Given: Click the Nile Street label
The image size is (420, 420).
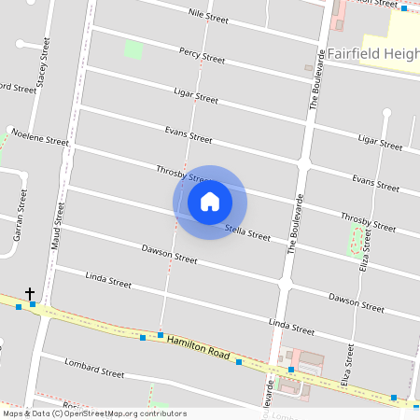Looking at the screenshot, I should click(x=208, y=16).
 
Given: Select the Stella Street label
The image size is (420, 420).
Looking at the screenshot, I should click(x=247, y=231).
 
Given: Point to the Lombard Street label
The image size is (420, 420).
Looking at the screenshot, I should click(x=94, y=367).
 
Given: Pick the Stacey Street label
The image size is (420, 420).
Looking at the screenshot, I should click(x=41, y=71).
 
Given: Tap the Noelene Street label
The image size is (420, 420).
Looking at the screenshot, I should click(x=40, y=136).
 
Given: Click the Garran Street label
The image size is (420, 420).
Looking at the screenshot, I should click(x=19, y=216).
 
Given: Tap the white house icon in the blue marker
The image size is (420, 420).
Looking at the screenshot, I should click(x=210, y=202).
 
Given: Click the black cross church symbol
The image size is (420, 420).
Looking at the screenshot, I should click(x=30, y=293).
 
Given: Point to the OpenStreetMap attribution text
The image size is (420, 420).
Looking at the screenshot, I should click(x=94, y=413).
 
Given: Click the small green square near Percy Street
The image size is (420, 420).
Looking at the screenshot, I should click(x=133, y=49).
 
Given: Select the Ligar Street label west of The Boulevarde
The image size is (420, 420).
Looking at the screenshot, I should click(x=196, y=94).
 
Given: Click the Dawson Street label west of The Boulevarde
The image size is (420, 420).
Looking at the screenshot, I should click(x=169, y=254).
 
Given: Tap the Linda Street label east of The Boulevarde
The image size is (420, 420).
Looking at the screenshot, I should click(x=291, y=326).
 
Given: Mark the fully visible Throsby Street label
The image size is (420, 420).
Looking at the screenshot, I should click(x=368, y=221).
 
